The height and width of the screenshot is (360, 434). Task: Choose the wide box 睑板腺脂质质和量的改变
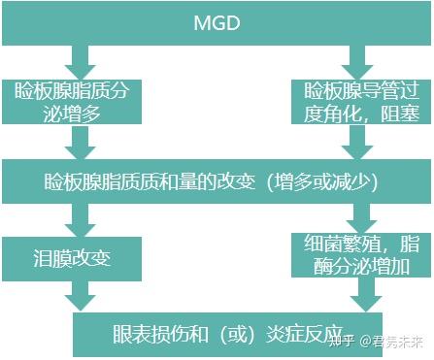pos(217,180)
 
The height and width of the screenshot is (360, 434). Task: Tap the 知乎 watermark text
pos(341,341)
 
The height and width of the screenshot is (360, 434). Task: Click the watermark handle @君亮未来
pos(392,341)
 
